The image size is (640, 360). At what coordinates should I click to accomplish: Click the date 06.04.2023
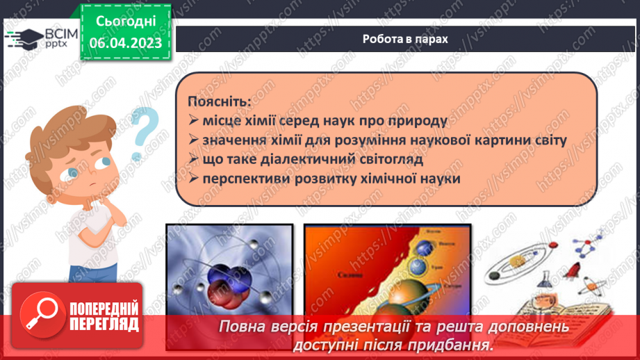(x=125, y=43)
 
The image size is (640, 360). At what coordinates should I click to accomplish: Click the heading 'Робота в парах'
(x=405, y=39)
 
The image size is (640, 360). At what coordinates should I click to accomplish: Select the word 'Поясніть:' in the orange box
(x=220, y=101)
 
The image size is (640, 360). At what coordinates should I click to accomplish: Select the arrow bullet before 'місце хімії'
(x=193, y=121)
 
